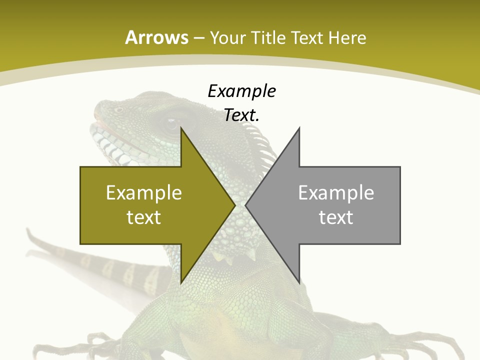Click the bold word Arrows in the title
tap(157, 37)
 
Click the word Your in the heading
tap(227, 37)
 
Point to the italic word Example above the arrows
tap(241, 91)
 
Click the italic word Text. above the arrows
tap(241, 115)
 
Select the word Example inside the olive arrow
tap(144, 193)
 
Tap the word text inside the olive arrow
tap(144, 217)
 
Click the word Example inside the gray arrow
tap(336, 193)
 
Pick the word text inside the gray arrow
tap(336, 217)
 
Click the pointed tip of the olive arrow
tap(234, 205)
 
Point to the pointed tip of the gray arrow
tap(246, 205)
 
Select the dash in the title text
tap(198, 38)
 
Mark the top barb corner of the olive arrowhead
tap(181, 128)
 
